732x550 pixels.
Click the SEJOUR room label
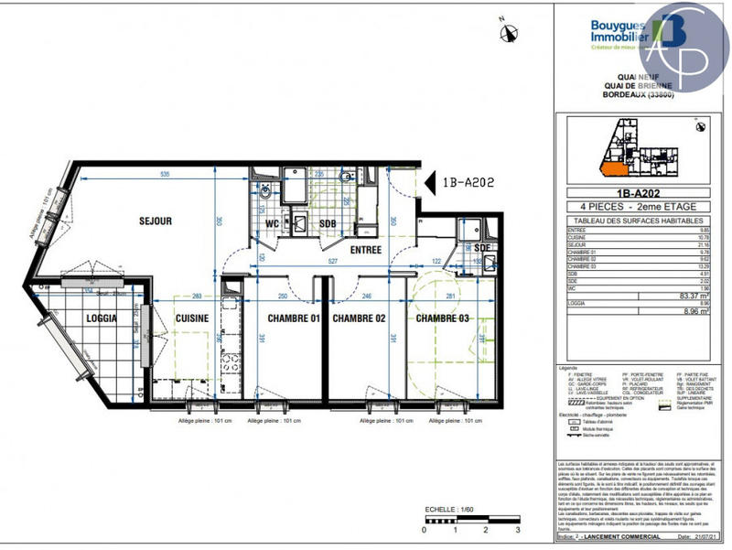(157, 221)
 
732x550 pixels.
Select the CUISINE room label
(194, 318)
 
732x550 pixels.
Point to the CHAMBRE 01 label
(293, 318)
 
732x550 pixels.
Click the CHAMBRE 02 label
(358, 318)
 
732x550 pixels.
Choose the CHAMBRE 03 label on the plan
(443, 318)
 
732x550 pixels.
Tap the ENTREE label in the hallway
(367, 248)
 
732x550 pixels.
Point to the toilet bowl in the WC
(265, 193)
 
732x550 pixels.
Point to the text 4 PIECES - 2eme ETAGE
(638, 208)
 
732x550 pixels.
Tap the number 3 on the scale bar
(518, 530)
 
